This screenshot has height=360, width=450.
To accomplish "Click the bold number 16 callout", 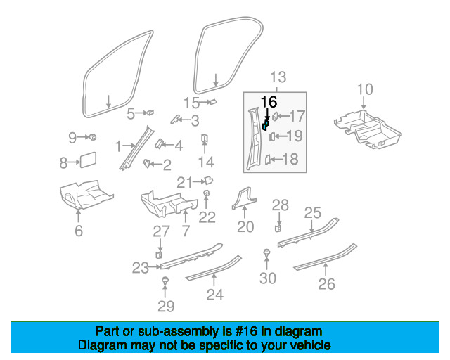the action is (x=269, y=101).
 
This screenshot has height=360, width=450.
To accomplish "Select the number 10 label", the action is (x=364, y=89).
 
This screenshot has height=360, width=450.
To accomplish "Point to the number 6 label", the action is (x=78, y=231).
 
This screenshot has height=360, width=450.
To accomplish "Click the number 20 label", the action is (x=245, y=226).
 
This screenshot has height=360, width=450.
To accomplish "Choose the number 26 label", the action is (x=326, y=284).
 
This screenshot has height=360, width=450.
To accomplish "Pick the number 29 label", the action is (x=165, y=307).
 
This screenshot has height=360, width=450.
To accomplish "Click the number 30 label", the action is (x=267, y=278).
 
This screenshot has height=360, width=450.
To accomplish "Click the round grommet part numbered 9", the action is (x=93, y=136).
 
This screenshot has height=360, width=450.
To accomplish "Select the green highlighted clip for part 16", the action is (x=266, y=125).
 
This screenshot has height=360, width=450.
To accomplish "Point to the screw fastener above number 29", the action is (x=165, y=281).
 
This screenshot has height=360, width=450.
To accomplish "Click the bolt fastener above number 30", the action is (x=267, y=252).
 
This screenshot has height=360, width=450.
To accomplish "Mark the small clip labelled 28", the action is (x=278, y=227).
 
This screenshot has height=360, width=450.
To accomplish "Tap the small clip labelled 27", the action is (x=160, y=254).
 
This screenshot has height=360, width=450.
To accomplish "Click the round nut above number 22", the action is (x=207, y=193).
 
